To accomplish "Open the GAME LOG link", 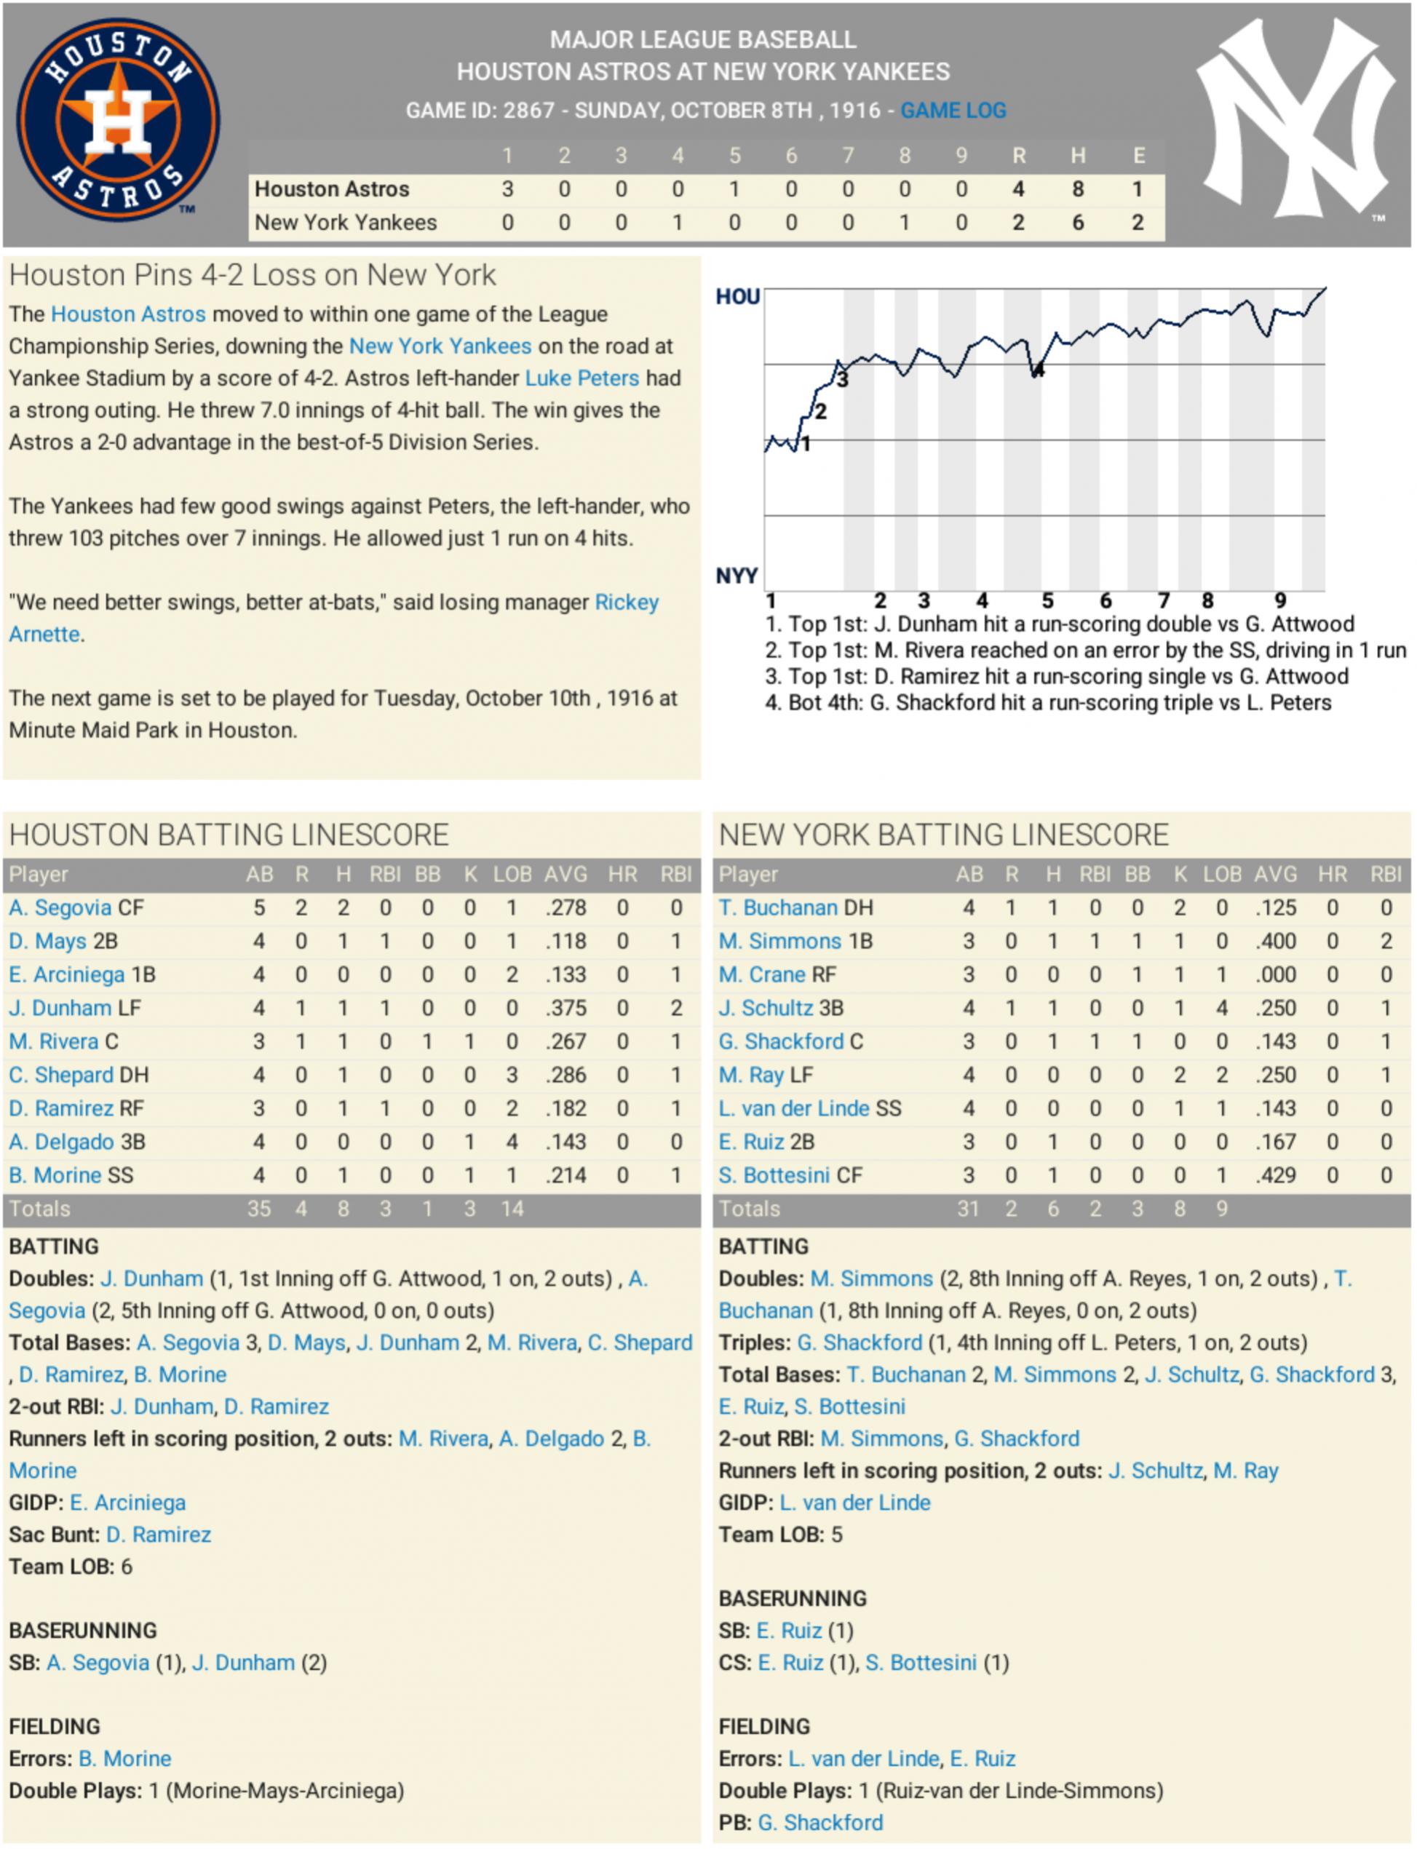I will pyautogui.click(x=953, y=111).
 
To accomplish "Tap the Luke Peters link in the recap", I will pyautogui.click(x=582, y=378).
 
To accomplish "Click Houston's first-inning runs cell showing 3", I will pyautogui.click(x=507, y=189).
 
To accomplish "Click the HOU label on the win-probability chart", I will pyautogui.click(x=737, y=297).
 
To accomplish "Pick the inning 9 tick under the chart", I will pyautogui.click(x=1280, y=600).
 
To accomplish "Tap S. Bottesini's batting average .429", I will pyautogui.click(x=1274, y=1175).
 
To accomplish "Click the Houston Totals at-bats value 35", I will pyautogui.click(x=259, y=1209).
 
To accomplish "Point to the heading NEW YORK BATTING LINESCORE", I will pyautogui.click(x=943, y=835).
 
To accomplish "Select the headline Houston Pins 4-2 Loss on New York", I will pyautogui.click(x=253, y=275).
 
